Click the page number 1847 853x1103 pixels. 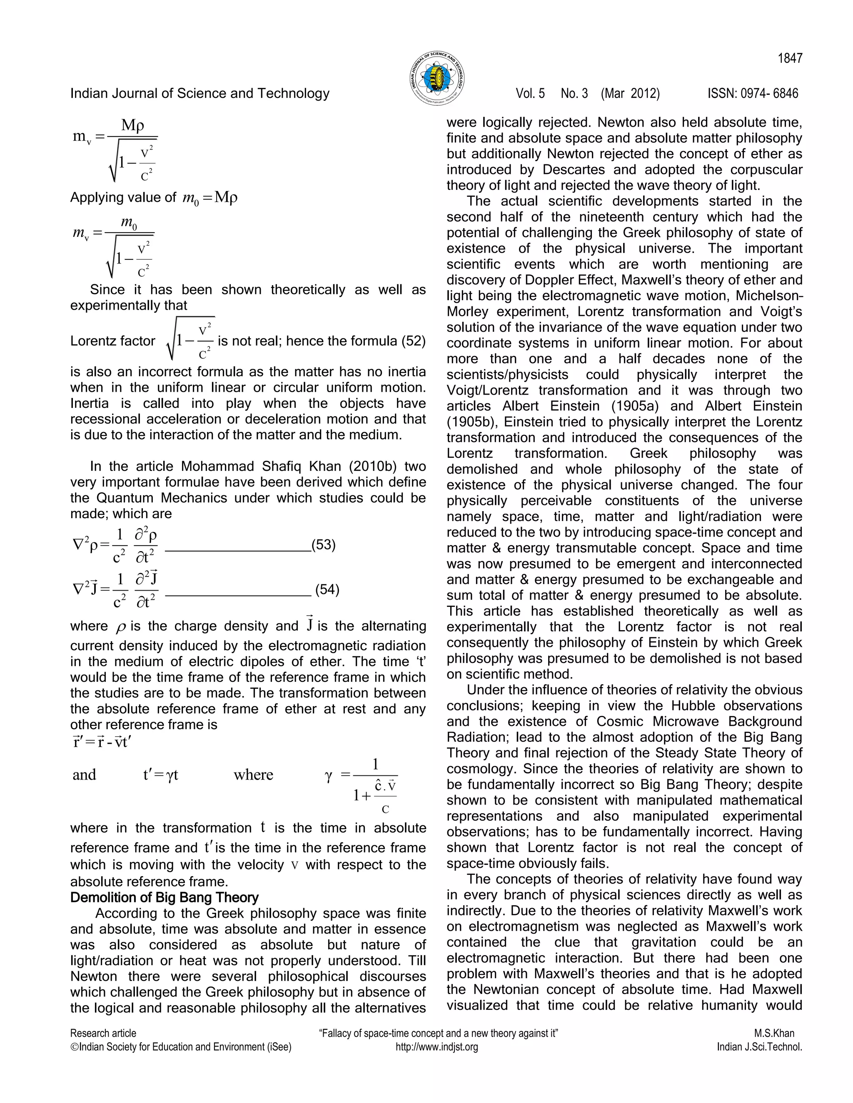tap(790, 59)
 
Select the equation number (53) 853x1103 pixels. tap(323, 545)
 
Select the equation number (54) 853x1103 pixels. tap(327, 589)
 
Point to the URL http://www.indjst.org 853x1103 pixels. tap(436, 1047)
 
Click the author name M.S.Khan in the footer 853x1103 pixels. tap(774, 1033)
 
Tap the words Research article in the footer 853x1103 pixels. tap(103, 1033)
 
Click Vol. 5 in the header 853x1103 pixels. tap(530, 93)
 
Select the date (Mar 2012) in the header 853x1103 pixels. tap(630, 93)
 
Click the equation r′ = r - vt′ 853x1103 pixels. tap(102, 743)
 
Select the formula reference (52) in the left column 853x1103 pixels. tap(413, 341)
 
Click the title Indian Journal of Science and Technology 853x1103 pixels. tap(200, 93)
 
